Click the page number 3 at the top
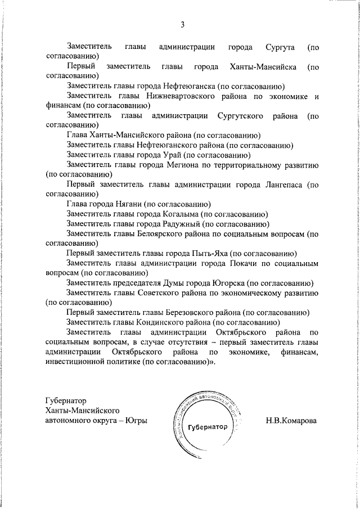click(x=182, y=24)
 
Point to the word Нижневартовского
click(x=186, y=97)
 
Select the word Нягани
click(x=126, y=204)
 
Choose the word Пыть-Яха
click(x=209, y=253)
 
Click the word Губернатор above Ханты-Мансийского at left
click(x=66, y=401)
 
